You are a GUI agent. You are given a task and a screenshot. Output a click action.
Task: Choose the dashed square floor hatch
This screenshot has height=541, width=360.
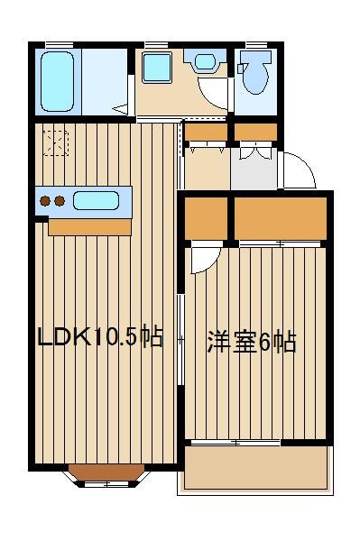click(x=56, y=142)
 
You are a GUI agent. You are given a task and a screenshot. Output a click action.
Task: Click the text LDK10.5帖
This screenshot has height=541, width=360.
click(x=100, y=338)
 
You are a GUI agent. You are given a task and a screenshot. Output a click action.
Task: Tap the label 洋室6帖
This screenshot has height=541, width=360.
click(x=252, y=343)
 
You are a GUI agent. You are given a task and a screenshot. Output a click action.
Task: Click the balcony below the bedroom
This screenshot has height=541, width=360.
click(x=254, y=468)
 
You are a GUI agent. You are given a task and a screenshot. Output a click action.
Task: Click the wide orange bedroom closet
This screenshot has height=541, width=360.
click(x=280, y=219)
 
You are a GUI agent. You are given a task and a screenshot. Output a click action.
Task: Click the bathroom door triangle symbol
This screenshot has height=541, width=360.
click(x=119, y=109)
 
